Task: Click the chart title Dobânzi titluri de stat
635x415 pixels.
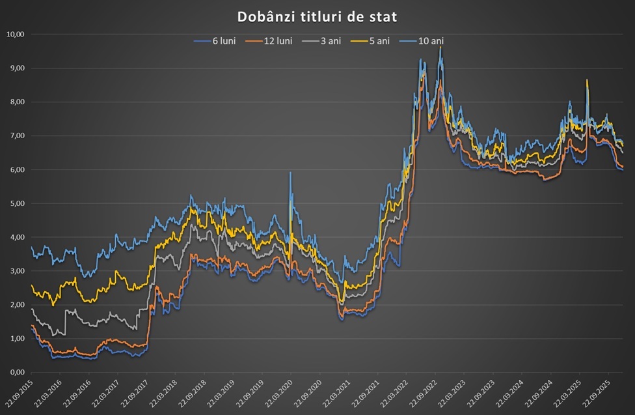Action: [317, 16]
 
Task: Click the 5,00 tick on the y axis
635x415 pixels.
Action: [16, 203]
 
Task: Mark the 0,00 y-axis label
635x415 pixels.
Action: [16, 373]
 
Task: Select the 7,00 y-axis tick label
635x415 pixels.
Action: [16, 136]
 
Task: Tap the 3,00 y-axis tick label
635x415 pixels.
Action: [16, 271]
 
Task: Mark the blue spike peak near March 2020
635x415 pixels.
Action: [290, 173]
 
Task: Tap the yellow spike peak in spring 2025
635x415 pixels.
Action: [587, 80]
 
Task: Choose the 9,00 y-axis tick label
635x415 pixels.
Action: [16, 68]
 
